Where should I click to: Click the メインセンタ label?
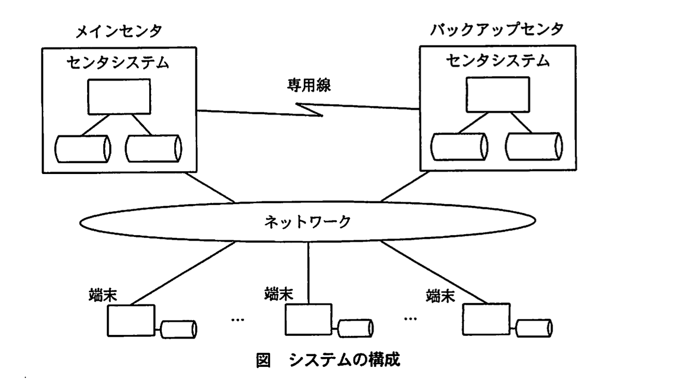pos(119,31)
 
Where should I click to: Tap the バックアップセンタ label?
pos(497,30)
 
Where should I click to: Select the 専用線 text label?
pos(309,85)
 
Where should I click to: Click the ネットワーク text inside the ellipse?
pos(307,222)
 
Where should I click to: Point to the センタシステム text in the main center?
pos(118,62)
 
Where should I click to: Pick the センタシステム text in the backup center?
pos(497,60)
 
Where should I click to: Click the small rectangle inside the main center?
pos(119,97)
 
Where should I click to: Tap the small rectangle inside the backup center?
pos(497,94)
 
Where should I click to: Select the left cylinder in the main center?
pos(83,149)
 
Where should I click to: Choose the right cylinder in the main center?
pos(153,149)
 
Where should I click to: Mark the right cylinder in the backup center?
pos(534,147)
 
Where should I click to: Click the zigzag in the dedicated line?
pos(310,109)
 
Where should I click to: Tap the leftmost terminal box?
pos(131,321)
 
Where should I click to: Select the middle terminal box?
pos(309,320)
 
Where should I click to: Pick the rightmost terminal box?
pos(486,319)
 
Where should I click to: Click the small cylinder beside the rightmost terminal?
pos(534,328)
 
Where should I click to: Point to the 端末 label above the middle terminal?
pos(279,294)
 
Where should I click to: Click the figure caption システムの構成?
pos(344,360)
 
